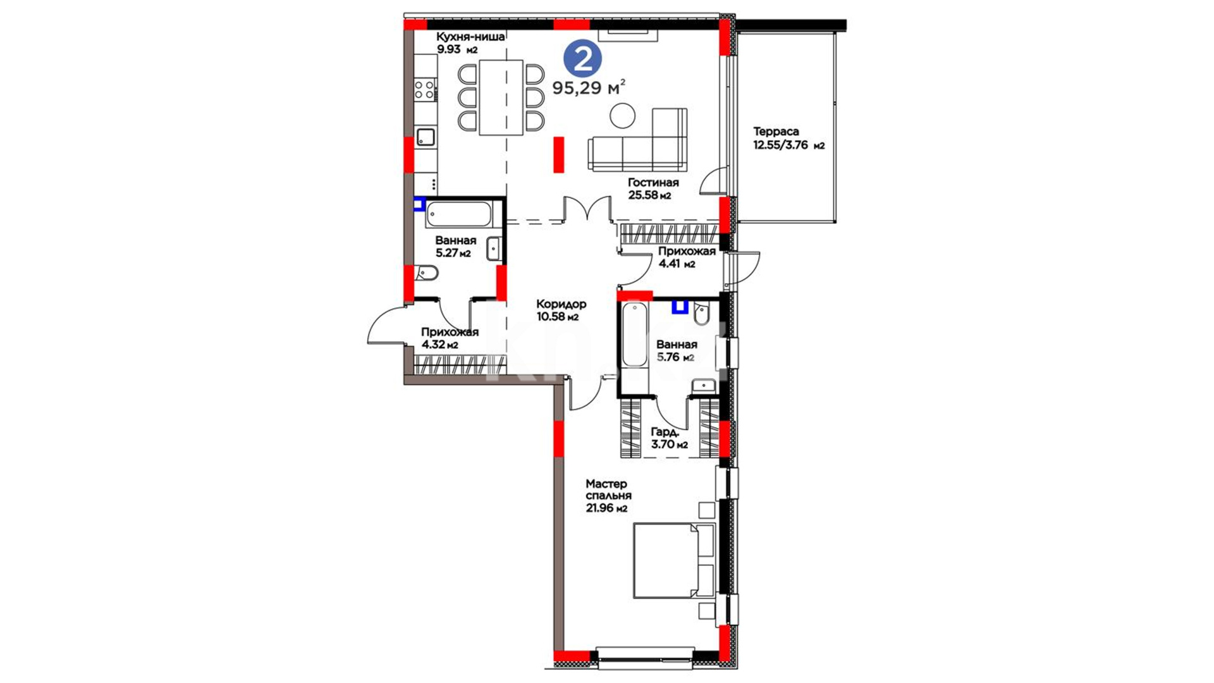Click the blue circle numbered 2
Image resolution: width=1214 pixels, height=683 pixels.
click(582, 59)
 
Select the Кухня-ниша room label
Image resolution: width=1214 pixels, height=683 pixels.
click(470, 37)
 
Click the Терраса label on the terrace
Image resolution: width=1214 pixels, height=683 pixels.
click(776, 132)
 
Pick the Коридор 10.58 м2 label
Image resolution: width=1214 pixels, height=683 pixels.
click(561, 311)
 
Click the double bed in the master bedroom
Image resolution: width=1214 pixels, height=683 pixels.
click(675, 560)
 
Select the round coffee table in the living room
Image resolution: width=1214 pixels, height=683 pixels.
click(623, 116)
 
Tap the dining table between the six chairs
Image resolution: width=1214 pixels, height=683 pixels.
click(501, 97)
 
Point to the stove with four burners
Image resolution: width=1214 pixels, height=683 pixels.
click(426, 89)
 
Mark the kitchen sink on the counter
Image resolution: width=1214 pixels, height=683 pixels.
click(426, 137)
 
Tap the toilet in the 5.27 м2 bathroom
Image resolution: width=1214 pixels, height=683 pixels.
click(427, 274)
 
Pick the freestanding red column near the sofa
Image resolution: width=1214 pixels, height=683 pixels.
click(559, 154)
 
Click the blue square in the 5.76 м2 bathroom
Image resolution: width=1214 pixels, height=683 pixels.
click(680, 307)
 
